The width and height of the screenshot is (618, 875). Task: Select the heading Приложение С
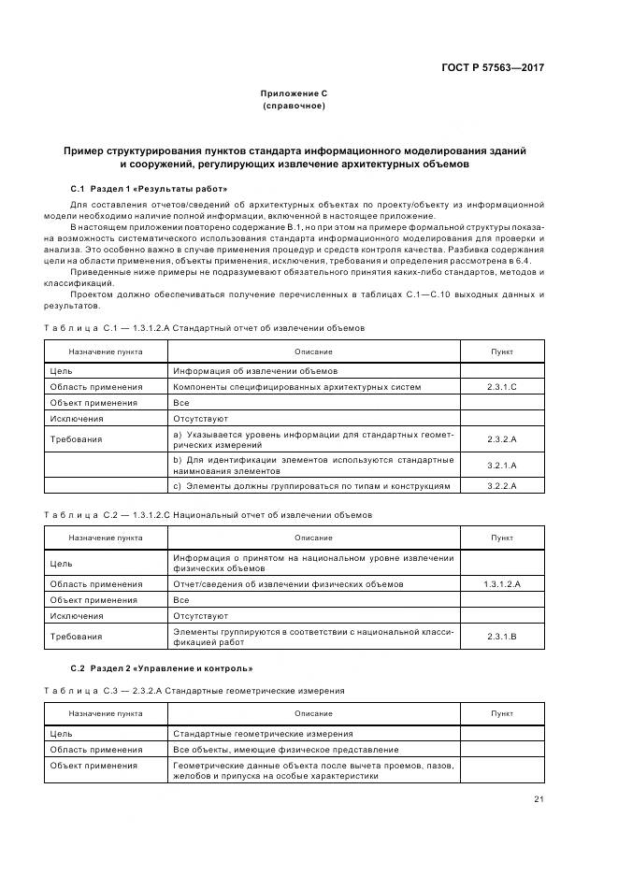[294, 93]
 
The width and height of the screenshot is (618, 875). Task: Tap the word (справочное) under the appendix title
[294, 106]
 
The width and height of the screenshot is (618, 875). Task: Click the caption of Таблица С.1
[204, 328]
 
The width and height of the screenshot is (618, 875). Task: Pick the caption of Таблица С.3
[194, 691]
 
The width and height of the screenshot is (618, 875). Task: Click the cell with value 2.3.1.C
[502, 387]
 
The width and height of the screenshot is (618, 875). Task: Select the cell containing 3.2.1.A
[502, 465]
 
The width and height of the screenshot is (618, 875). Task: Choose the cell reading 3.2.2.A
[502, 486]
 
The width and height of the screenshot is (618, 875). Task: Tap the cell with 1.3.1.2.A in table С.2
[502, 584]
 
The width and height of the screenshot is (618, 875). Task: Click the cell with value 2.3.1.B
[502, 636]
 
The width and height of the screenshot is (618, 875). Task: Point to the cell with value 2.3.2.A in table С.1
[502, 438]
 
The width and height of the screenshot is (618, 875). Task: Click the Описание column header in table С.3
[313, 713]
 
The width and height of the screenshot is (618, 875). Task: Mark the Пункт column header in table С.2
[502, 538]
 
